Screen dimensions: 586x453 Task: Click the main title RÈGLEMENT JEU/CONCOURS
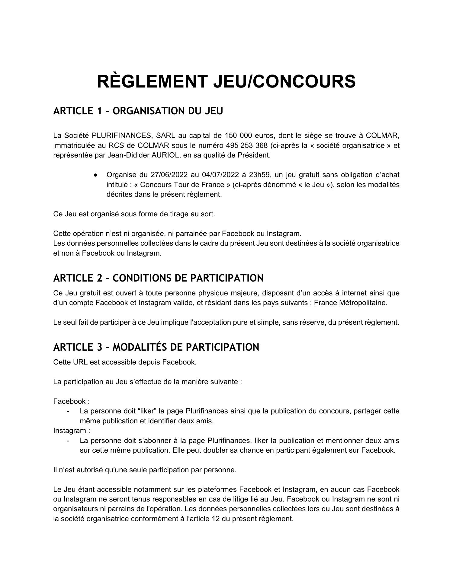click(226, 81)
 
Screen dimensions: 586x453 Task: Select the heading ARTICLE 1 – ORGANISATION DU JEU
click(138, 111)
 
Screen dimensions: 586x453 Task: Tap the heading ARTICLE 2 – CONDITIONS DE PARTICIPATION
click(158, 278)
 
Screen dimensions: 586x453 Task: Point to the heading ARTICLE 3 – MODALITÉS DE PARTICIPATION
click(156, 347)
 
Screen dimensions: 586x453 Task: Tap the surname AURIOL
click(169, 155)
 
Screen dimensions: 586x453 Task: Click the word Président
click(254, 155)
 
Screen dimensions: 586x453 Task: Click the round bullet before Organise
click(95, 175)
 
